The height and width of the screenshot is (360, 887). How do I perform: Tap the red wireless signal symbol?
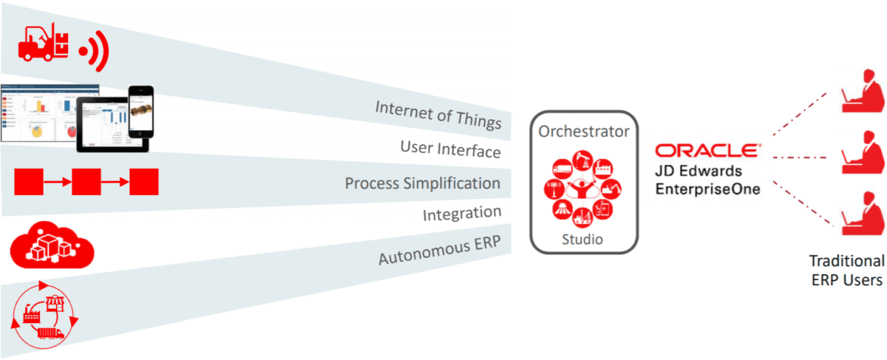pos(93,50)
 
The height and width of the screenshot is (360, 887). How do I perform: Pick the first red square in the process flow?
pos(29,181)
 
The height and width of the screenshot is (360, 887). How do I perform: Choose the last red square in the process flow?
pos(144,181)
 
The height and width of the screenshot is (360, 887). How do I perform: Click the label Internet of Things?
pos(438,115)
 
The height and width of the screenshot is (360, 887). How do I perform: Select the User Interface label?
pos(450,149)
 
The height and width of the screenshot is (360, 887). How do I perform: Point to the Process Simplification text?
pos(422,183)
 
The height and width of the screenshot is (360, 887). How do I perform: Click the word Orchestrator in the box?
pos(584,132)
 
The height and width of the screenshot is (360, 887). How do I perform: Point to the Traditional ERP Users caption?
pos(846,271)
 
